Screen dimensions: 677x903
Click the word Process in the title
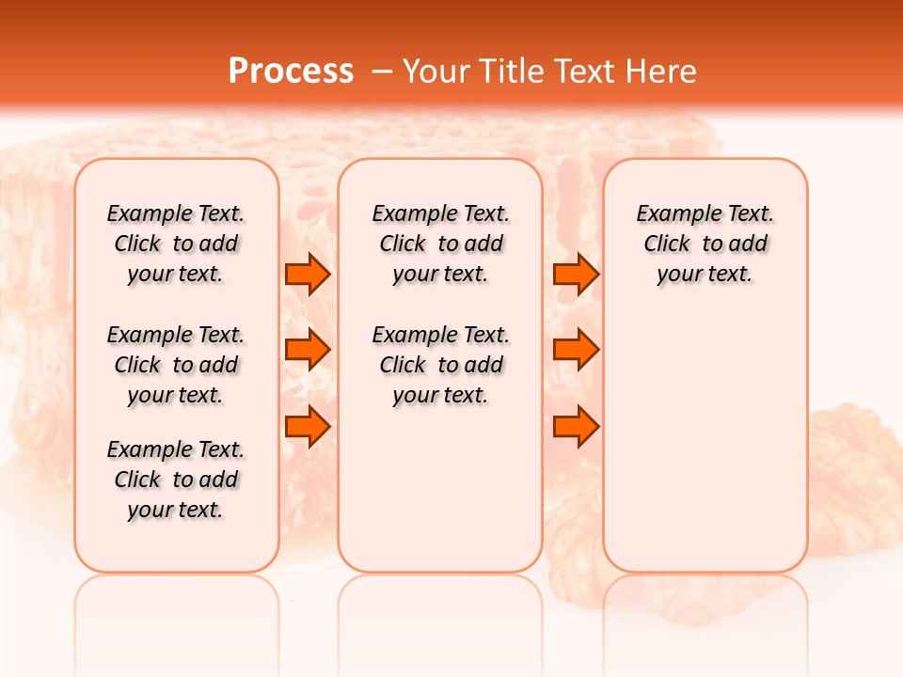(291, 71)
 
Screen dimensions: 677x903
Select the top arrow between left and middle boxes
(308, 275)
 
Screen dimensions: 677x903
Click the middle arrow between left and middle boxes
(308, 350)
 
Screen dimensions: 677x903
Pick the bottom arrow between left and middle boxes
(308, 426)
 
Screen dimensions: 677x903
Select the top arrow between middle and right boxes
(576, 275)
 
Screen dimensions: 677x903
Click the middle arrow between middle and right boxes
(576, 350)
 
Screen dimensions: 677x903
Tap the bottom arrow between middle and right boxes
(576, 426)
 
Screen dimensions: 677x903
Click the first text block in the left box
(176, 244)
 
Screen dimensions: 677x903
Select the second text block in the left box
(176, 365)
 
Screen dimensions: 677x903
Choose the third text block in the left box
(176, 480)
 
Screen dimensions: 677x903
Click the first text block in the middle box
(440, 244)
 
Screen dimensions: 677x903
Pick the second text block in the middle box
(440, 365)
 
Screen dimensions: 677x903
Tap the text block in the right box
(705, 244)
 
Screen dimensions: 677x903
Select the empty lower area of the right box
(705, 451)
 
